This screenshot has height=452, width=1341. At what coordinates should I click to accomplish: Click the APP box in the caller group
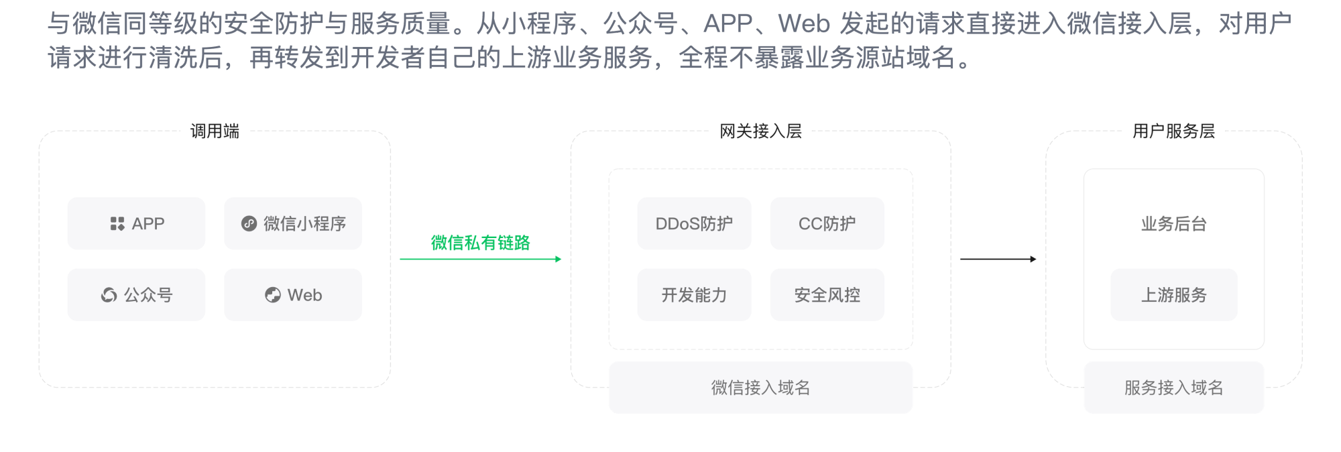[136, 223]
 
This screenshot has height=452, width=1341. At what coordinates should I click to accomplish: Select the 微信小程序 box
[293, 223]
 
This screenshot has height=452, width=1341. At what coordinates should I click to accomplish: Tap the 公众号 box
[136, 295]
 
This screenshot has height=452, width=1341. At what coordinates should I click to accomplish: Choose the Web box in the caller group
[293, 295]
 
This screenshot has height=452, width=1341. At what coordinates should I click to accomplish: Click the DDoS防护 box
[694, 223]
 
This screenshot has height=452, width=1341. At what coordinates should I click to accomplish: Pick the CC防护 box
[827, 223]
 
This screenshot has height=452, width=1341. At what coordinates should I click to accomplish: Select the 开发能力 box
[694, 295]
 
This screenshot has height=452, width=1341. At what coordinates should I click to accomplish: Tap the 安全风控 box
[827, 295]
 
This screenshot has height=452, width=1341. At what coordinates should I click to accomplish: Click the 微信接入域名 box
[760, 388]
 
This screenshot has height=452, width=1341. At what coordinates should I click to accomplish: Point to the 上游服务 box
[1174, 295]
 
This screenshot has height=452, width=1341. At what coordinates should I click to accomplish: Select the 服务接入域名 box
[1174, 388]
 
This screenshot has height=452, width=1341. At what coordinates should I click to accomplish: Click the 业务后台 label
[1174, 224]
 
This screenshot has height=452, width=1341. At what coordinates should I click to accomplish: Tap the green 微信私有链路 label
[480, 243]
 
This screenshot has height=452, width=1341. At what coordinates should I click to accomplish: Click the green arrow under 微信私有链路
[481, 259]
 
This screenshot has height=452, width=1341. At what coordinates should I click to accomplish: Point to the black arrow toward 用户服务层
[998, 259]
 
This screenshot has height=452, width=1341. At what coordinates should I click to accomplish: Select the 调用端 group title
[215, 131]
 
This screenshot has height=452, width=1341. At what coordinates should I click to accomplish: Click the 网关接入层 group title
[760, 131]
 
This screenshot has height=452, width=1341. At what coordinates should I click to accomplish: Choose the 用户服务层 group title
[1173, 131]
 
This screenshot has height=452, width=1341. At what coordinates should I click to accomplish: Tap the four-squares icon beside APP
[117, 223]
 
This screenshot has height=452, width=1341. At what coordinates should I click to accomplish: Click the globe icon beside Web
[273, 295]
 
